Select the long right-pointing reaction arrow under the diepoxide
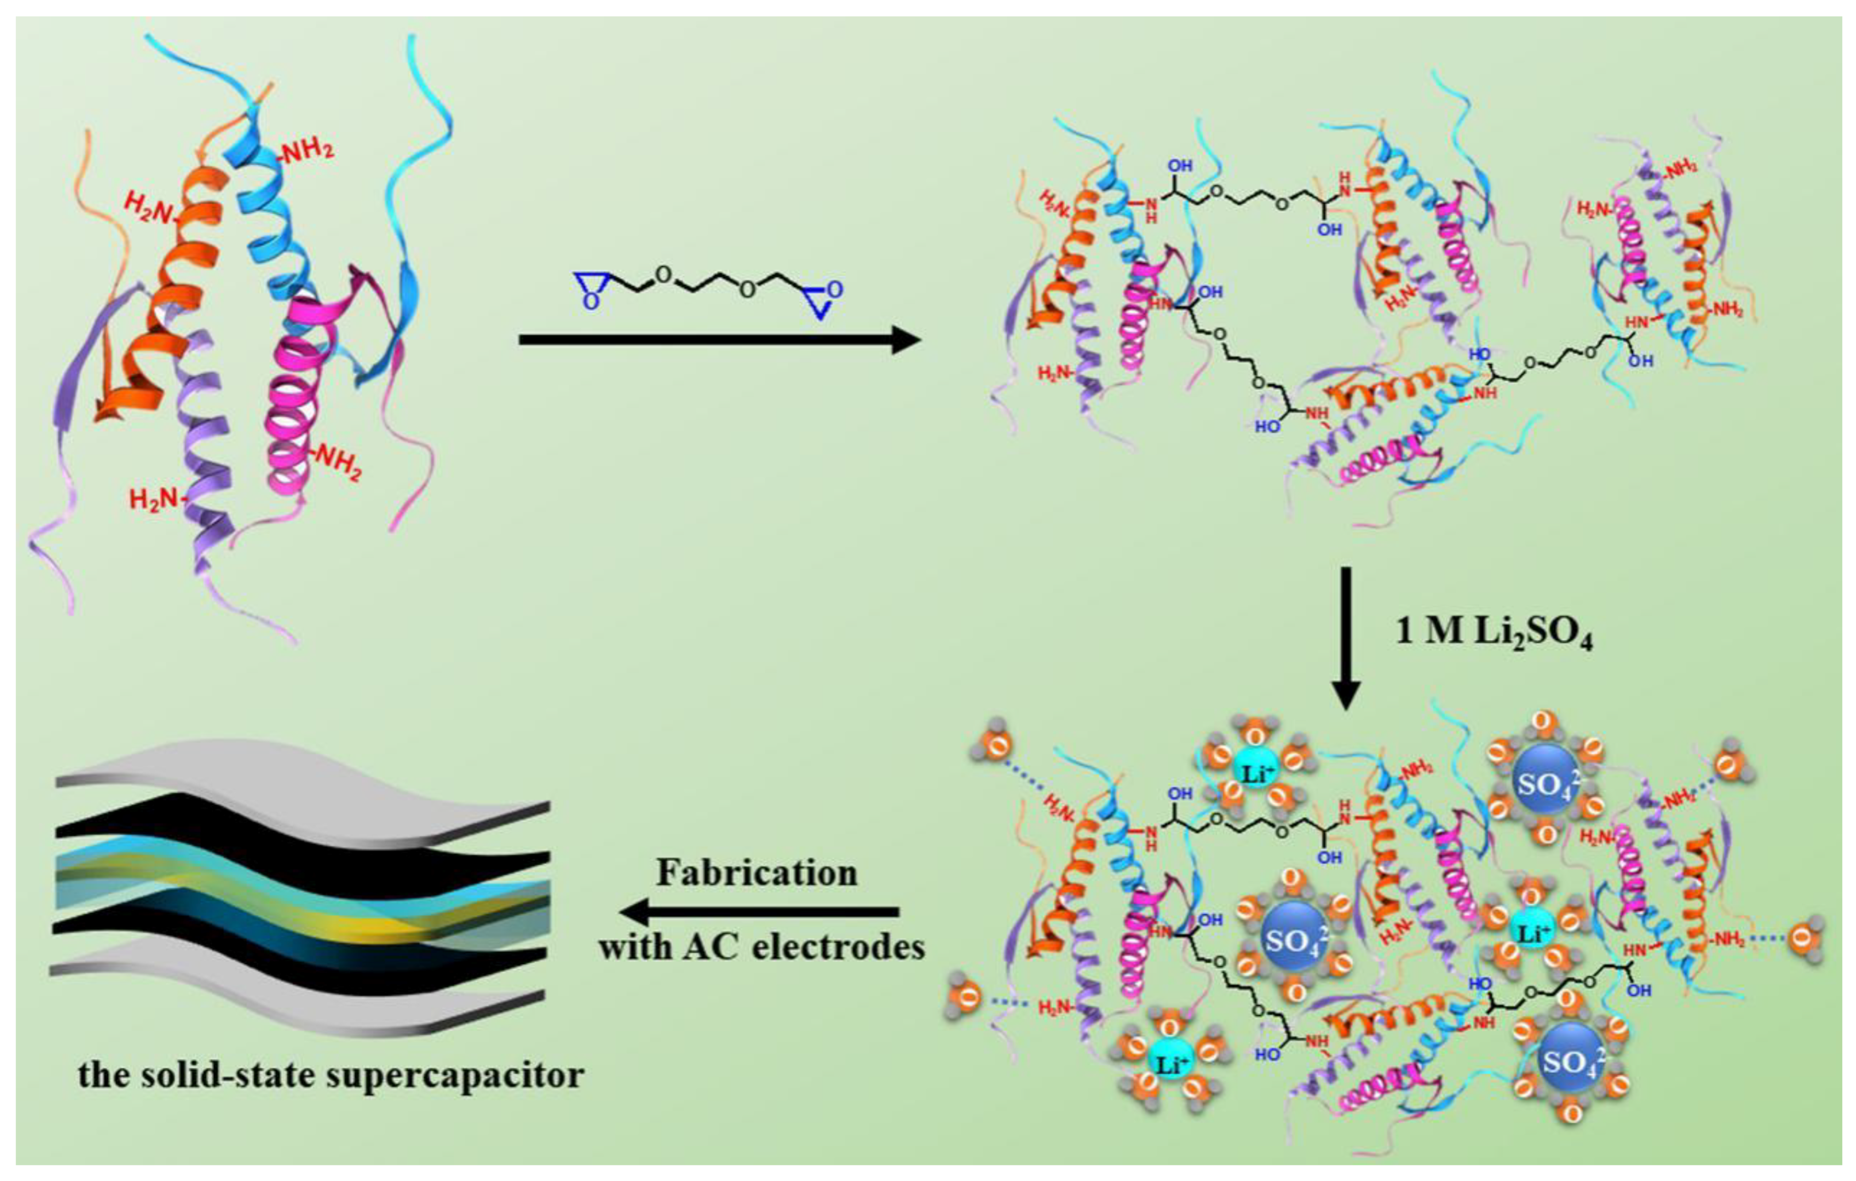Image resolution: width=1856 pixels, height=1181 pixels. click(x=720, y=339)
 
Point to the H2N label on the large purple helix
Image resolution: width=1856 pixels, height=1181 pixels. click(x=152, y=500)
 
